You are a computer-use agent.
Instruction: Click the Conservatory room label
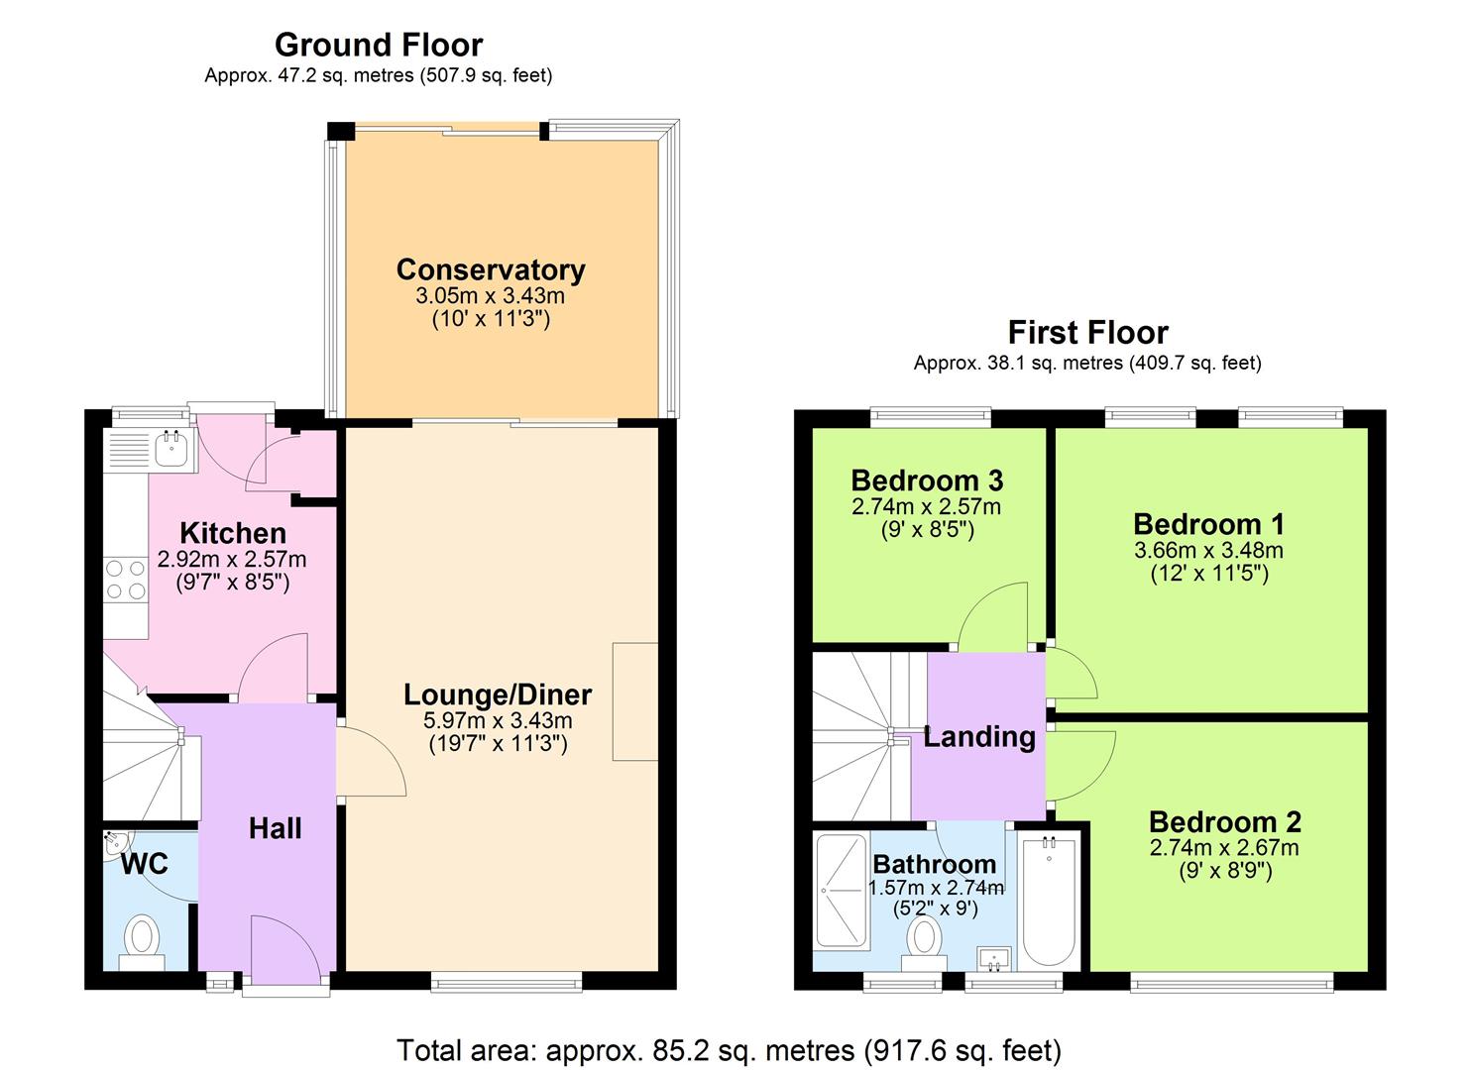491,269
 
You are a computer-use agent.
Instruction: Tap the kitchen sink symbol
172,449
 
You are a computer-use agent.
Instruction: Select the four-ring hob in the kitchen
126,580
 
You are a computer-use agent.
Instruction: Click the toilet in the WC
142,938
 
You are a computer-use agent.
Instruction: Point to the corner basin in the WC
113,844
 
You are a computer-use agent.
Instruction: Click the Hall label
275,828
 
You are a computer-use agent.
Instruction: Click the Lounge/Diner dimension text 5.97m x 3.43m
488,721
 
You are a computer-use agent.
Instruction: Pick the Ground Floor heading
379,45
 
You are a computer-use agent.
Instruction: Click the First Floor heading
1087,332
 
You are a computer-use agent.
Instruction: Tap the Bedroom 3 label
927,481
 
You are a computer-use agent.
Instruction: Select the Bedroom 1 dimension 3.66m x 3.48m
1208,550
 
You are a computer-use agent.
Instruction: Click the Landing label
978,737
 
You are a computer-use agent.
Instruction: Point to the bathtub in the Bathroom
1049,902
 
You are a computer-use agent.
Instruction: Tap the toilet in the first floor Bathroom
925,939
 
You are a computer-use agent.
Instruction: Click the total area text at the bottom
729,1049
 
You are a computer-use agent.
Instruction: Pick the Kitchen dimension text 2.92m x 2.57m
232,560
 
